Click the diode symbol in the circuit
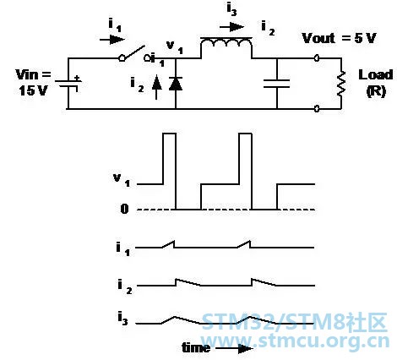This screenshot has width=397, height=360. click(x=176, y=84)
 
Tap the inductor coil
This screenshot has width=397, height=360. click(x=226, y=45)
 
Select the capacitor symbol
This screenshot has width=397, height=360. click(x=277, y=84)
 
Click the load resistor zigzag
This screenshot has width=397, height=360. click(x=341, y=84)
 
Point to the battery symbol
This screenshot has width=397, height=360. click(x=68, y=84)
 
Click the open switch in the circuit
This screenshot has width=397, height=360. click(x=134, y=54)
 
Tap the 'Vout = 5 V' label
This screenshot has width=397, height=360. click(x=339, y=38)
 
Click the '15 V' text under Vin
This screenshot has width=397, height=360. click(x=33, y=90)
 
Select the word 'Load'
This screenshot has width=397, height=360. click(x=375, y=75)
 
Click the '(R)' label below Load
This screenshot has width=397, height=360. click(x=376, y=91)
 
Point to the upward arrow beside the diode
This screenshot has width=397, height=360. click(x=157, y=87)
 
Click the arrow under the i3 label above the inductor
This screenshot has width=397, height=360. click(x=231, y=27)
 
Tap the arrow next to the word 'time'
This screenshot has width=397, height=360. click(x=234, y=349)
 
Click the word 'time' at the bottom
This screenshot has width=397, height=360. click(x=196, y=347)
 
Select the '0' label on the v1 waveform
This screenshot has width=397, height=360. click(x=124, y=209)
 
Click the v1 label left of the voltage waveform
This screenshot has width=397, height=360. click(x=122, y=180)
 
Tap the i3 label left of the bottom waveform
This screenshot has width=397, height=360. click(x=122, y=319)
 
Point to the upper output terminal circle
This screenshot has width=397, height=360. click(x=317, y=58)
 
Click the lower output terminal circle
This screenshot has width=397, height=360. click(x=317, y=108)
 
